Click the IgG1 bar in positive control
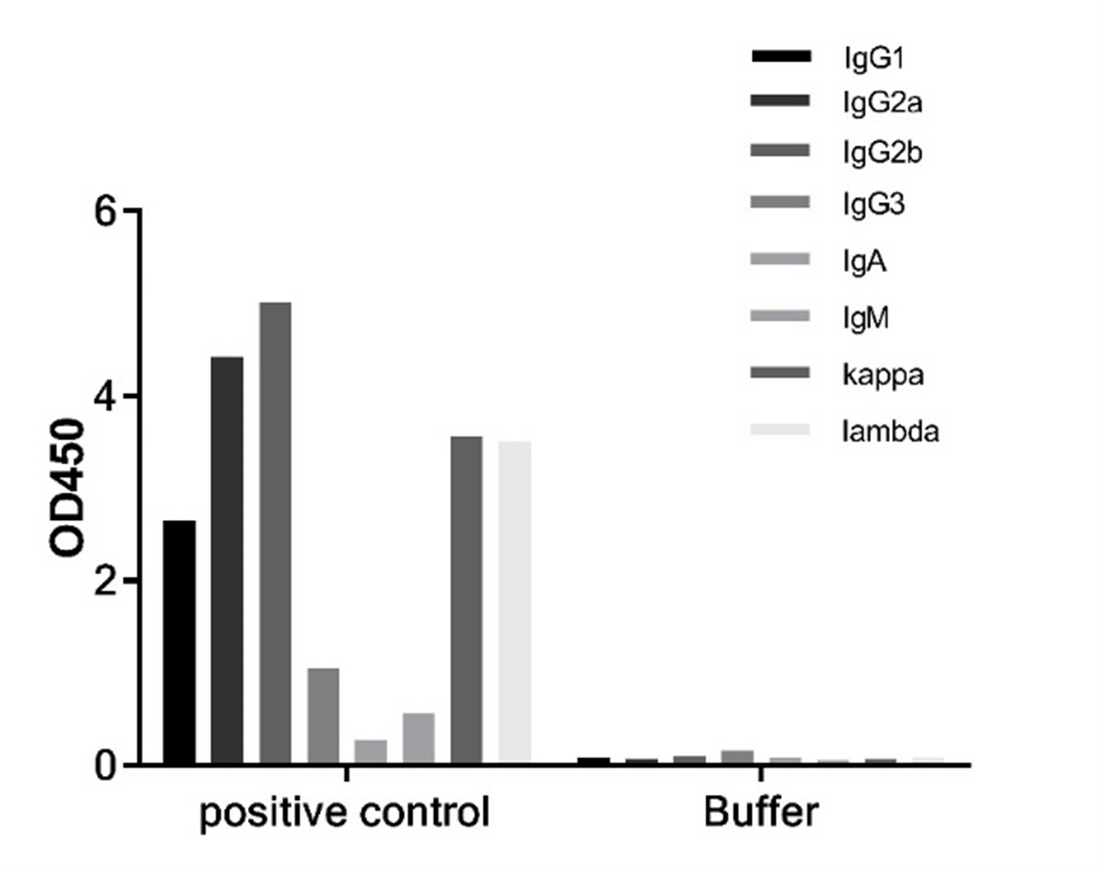pyautogui.click(x=179, y=642)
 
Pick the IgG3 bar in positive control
pyautogui.click(x=323, y=716)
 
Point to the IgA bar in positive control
pyautogui.click(x=371, y=752)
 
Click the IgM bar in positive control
pyautogui.click(x=419, y=739)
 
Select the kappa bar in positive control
pyautogui.click(x=467, y=600)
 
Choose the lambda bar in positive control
pyautogui.click(x=515, y=602)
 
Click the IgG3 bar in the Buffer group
pyautogui.click(x=737, y=758)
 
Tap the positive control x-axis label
pyautogui.click(x=345, y=813)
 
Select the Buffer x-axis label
pyautogui.click(x=761, y=813)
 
